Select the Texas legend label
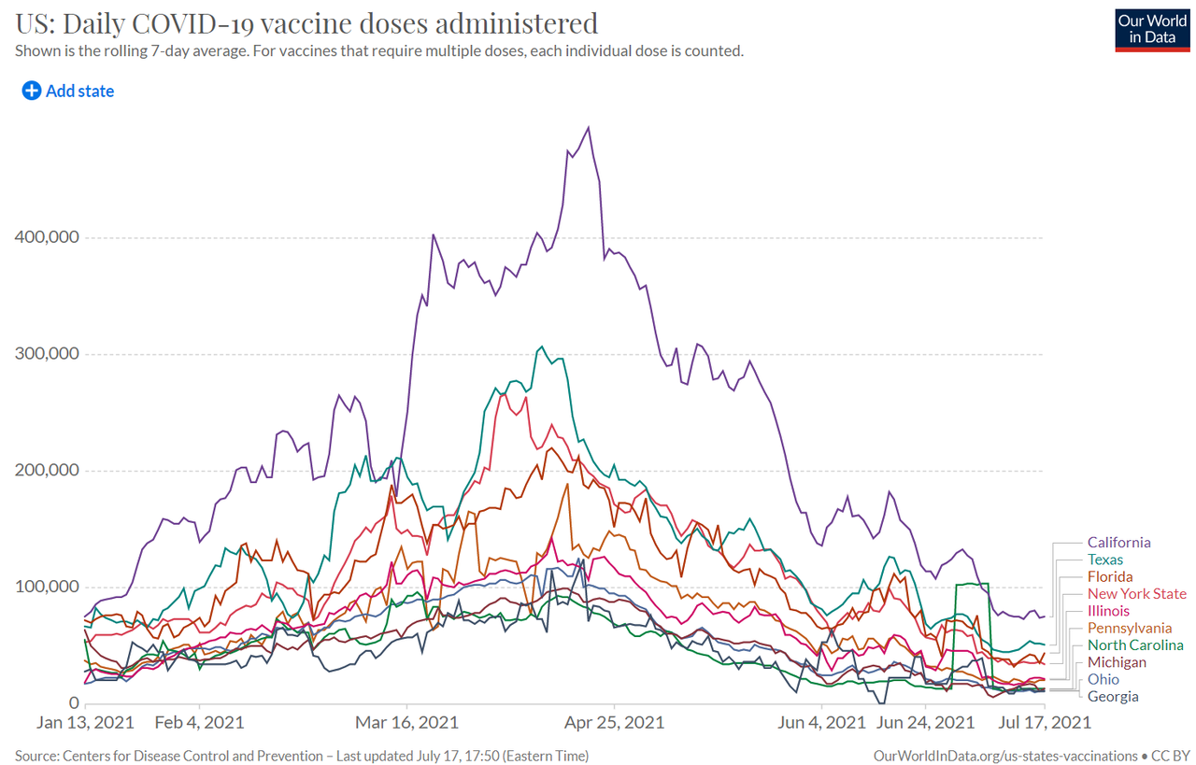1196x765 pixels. tap(1105, 560)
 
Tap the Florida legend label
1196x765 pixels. tap(1110, 577)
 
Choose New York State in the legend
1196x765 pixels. tap(1136, 594)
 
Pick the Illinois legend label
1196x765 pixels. tap(1108, 611)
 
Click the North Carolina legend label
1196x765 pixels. tap(1135, 645)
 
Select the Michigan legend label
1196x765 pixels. tap(1116, 662)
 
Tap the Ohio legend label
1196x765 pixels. tap(1103, 679)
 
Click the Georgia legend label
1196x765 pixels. tap(1113, 696)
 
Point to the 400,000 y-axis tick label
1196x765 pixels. tap(46, 237)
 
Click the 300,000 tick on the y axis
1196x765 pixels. tap(46, 354)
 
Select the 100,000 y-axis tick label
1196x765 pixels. tap(46, 587)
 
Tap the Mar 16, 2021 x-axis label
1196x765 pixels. tap(406, 722)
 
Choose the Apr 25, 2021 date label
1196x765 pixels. tap(614, 722)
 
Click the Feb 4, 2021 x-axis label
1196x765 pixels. tap(199, 722)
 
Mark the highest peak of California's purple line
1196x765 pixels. tap(588, 127)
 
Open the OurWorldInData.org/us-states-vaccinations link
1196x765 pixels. tap(1004, 755)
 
